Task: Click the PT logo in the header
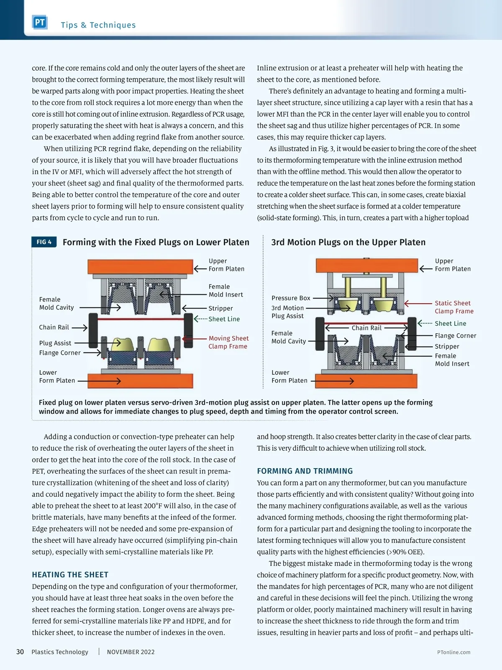[40, 23]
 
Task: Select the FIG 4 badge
[44, 242]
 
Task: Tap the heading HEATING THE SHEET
[70, 575]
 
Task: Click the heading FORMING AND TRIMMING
[305, 471]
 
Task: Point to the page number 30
[20, 652]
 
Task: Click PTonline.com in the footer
[453, 652]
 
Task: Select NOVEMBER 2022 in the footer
[131, 652]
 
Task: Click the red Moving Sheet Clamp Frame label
[228, 342]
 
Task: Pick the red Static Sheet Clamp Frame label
[454, 307]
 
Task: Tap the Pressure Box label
[291, 298]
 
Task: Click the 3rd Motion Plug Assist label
[287, 312]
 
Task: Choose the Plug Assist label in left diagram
[55, 343]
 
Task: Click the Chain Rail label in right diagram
[366, 328]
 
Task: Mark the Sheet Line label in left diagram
[224, 319]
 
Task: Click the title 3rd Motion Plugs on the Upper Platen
[348, 242]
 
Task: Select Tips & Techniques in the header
[98, 25]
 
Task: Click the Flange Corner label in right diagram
[455, 336]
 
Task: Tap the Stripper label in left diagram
[220, 308]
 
